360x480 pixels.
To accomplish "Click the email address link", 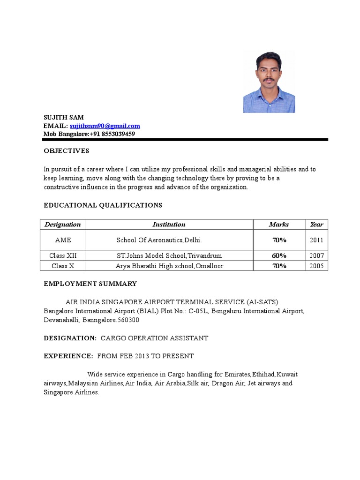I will click(105, 126).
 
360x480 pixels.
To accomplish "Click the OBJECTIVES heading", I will click(66, 151).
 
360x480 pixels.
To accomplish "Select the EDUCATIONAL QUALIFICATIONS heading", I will click(103, 205).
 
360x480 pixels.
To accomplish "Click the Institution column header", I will click(169, 225).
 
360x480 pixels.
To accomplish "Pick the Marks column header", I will click(279, 225).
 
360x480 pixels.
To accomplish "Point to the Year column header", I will click(316, 225).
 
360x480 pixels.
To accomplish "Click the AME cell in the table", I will click(63, 240).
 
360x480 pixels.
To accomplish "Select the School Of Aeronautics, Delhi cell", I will click(159, 240).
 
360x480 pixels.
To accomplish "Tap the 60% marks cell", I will click(279, 255).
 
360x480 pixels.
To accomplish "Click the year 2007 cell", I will click(316, 255).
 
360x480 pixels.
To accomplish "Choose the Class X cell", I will click(63, 266).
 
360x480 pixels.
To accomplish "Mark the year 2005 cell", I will click(316, 266).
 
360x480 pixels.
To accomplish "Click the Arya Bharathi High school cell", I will click(169, 266).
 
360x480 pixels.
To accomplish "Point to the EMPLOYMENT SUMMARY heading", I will click(90, 284).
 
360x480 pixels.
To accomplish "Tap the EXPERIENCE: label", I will click(68, 356).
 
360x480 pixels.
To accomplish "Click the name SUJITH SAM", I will click(64, 117).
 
